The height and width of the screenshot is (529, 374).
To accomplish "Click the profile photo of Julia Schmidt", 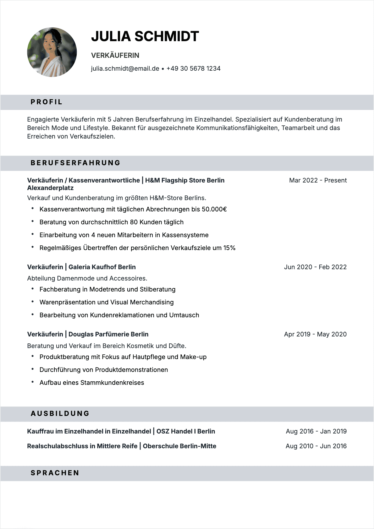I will [x=52, y=52].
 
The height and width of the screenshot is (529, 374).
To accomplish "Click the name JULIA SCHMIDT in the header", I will [x=145, y=36].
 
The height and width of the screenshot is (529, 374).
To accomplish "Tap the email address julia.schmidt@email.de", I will [x=125, y=68].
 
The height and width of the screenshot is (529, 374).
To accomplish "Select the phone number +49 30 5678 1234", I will [x=193, y=68].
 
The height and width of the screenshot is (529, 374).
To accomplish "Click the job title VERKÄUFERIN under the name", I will [x=115, y=55].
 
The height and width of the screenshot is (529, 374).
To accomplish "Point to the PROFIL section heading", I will [x=47, y=102].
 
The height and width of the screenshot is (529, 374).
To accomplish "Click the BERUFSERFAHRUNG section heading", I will [x=75, y=163].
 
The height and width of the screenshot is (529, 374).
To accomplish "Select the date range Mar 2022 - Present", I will [x=318, y=180].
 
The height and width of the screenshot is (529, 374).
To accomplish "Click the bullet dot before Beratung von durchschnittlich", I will [x=32, y=221].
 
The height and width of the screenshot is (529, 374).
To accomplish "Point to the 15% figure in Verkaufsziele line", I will [x=229, y=248].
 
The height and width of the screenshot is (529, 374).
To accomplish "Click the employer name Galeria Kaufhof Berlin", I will [x=102, y=267].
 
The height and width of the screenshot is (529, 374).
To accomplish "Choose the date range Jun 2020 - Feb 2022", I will [x=315, y=267].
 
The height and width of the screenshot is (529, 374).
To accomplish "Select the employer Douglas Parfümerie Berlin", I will [x=108, y=334].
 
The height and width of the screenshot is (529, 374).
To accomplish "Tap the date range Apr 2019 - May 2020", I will [x=315, y=334].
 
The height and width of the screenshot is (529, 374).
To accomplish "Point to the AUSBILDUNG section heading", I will [x=60, y=414].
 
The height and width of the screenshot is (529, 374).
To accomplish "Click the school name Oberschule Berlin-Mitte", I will [x=179, y=446].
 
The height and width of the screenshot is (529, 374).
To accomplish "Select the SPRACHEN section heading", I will [x=55, y=473].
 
